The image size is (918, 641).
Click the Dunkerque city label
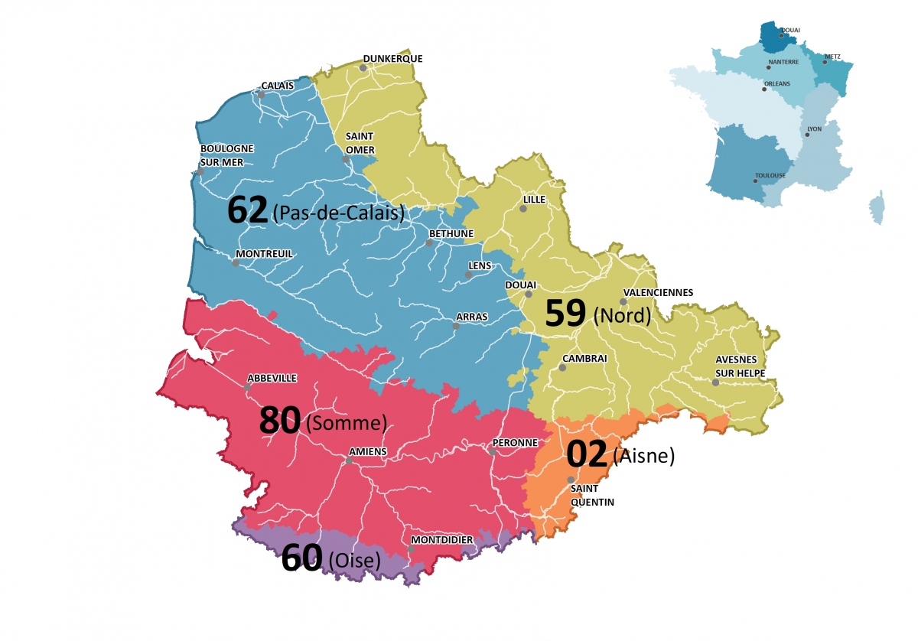(392, 59)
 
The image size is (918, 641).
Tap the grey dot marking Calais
(261, 95)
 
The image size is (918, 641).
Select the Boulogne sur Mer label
(226, 155)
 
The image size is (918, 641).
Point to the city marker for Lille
(524, 208)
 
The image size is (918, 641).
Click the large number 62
(248, 211)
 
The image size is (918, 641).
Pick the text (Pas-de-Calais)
(338, 213)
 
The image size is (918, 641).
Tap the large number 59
(565, 314)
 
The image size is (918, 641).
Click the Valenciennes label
(658, 292)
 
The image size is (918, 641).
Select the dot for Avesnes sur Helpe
(715, 382)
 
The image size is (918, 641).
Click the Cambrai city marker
(562, 368)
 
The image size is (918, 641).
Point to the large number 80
(279, 421)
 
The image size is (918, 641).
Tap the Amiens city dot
(349, 461)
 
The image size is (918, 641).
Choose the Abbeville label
(272, 378)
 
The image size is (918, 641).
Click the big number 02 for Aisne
(587, 454)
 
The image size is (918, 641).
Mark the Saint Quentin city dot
(571, 480)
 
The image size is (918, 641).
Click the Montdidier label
(441, 540)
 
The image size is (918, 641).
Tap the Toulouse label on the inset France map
(770, 175)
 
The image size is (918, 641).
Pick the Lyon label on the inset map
(814, 129)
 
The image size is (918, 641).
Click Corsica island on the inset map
(876, 207)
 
